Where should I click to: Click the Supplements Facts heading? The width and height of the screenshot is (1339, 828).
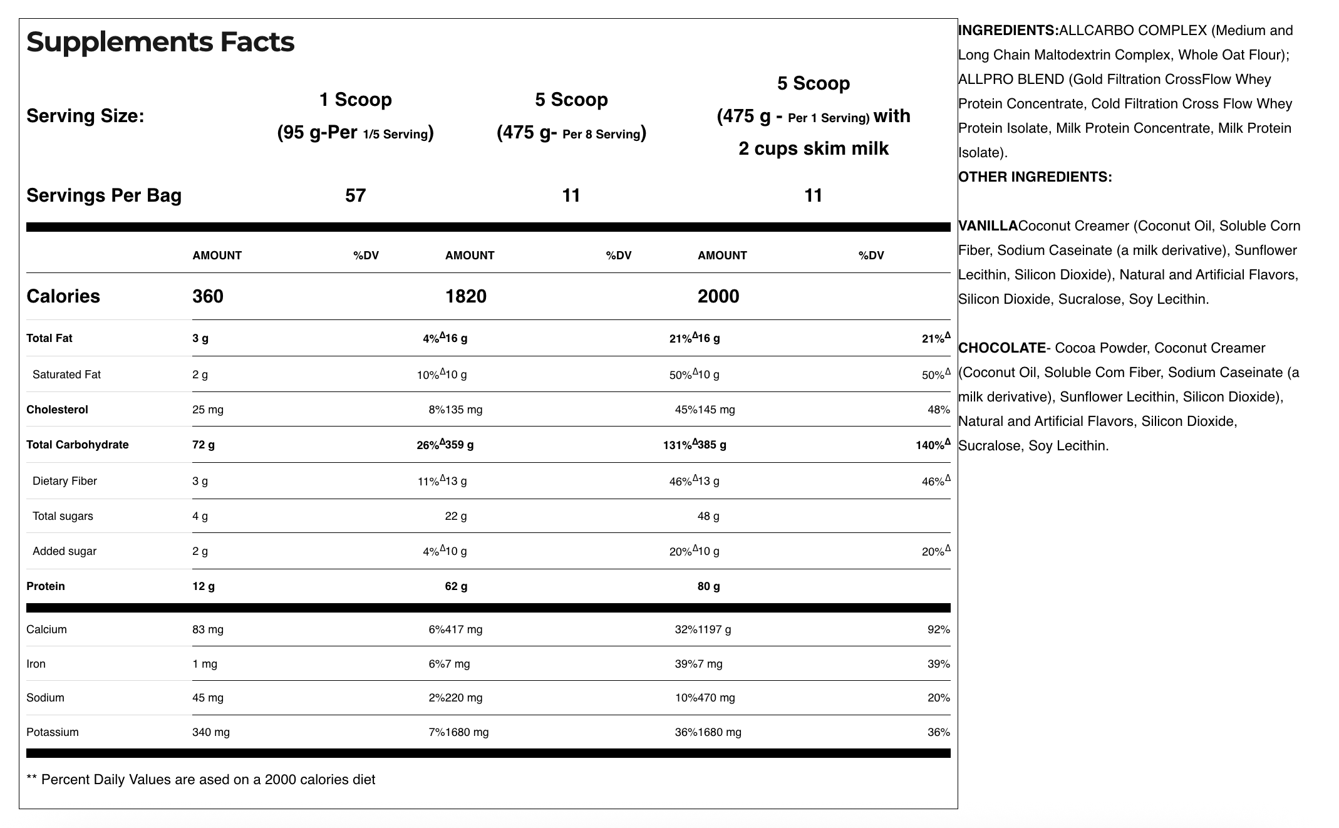click(x=160, y=42)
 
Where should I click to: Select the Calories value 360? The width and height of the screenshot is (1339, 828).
click(x=207, y=296)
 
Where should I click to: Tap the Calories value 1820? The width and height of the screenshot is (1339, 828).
click(x=465, y=296)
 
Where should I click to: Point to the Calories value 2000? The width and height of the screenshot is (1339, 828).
click(x=718, y=296)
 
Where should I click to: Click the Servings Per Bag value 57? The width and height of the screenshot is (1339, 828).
click(x=355, y=195)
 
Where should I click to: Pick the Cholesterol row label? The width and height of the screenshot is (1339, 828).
click(x=57, y=410)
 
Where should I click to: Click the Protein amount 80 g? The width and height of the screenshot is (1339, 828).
click(x=708, y=586)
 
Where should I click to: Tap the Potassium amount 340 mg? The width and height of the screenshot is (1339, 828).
click(x=210, y=732)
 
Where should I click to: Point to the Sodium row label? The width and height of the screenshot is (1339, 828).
click(x=45, y=698)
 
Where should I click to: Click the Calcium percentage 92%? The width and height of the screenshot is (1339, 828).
click(x=938, y=629)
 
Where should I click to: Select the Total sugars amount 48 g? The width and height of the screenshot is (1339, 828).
click(x=708, y=516)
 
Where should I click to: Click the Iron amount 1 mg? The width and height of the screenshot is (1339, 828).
click(x=204, y=664)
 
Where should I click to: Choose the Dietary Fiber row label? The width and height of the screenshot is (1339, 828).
click(x=65, y=481)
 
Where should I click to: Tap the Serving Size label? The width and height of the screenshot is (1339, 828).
click(x=85, y=116)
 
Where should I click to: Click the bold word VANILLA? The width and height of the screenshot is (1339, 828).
click(x=988, y=225)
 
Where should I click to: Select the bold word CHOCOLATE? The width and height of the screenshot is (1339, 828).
click(x=1001, y=348)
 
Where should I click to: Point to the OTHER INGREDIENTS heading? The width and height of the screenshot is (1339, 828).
click(x=1035, y=177)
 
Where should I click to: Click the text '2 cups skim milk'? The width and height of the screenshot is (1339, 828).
click(x=813, y=148)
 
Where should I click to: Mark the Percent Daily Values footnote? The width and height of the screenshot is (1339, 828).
click(x=200, y=780)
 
